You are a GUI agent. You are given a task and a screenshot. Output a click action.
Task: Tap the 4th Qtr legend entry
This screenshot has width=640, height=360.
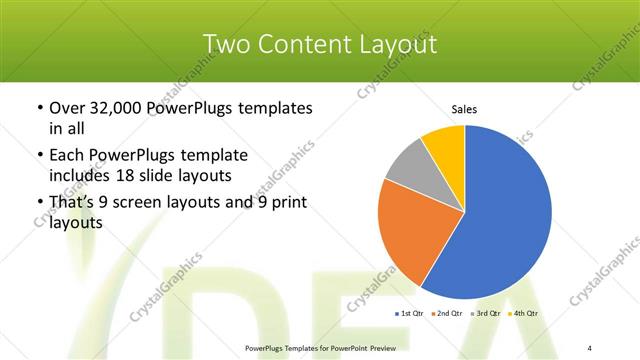[525, 313]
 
